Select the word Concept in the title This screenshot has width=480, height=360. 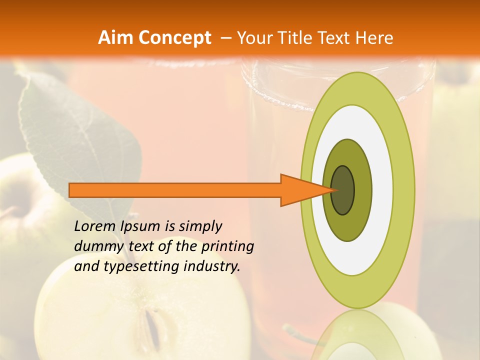[174, 38]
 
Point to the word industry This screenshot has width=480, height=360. [211, 266]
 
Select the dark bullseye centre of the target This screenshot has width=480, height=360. [342, 190]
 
